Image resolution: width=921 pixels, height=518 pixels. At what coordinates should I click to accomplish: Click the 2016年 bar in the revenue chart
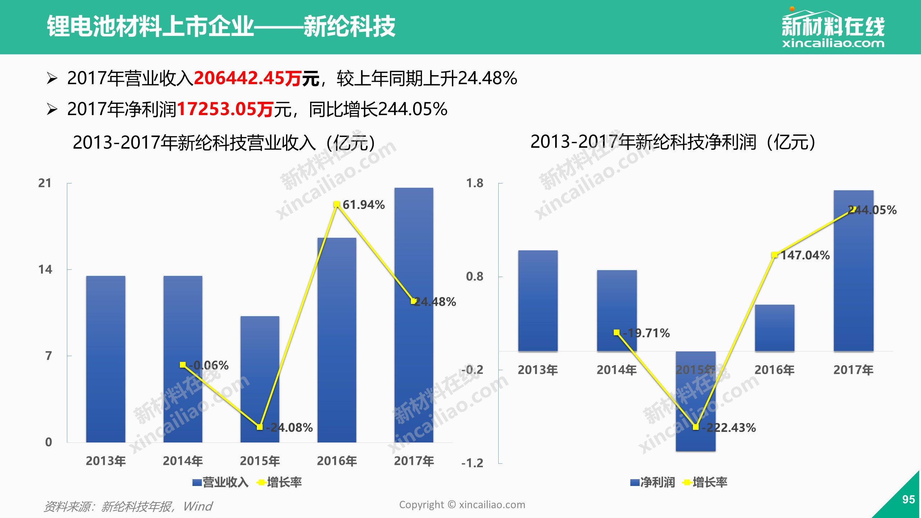337,340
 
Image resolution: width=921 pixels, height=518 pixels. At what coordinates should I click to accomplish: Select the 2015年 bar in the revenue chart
260,379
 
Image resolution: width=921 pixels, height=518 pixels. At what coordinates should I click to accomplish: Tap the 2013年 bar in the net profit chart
538,301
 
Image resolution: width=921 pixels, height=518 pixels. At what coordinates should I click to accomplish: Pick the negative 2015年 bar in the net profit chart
696,401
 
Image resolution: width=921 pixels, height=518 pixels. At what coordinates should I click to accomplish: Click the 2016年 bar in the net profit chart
775,328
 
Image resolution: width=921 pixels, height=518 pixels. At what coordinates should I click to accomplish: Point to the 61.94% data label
364,205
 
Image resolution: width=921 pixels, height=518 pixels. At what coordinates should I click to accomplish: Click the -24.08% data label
290,427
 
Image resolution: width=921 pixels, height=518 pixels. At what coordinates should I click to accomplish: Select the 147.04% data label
805,255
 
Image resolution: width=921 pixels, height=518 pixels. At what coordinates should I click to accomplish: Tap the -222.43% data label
729,427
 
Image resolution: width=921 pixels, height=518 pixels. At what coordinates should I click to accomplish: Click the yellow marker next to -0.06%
183,365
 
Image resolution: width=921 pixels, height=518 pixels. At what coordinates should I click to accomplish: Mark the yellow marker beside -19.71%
617,332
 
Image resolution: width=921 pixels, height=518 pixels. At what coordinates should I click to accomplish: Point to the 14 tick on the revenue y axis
45,269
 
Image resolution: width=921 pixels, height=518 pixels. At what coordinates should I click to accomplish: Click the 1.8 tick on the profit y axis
475,183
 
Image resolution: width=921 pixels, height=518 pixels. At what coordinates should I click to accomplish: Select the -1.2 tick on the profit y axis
472,463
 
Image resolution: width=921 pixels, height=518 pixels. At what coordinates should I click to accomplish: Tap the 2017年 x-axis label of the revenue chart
414,461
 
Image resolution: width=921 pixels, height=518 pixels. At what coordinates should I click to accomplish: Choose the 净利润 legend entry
653,482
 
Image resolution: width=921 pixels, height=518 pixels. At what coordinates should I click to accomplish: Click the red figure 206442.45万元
257,78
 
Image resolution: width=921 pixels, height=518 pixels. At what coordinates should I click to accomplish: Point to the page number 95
908,499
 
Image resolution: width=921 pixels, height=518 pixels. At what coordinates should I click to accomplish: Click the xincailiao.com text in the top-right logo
833,44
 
